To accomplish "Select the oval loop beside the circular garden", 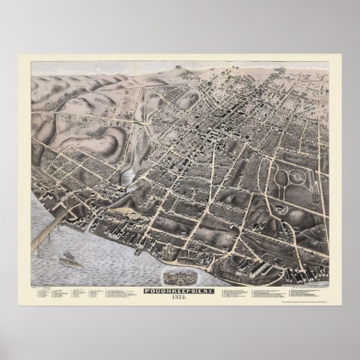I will (281, 178).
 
